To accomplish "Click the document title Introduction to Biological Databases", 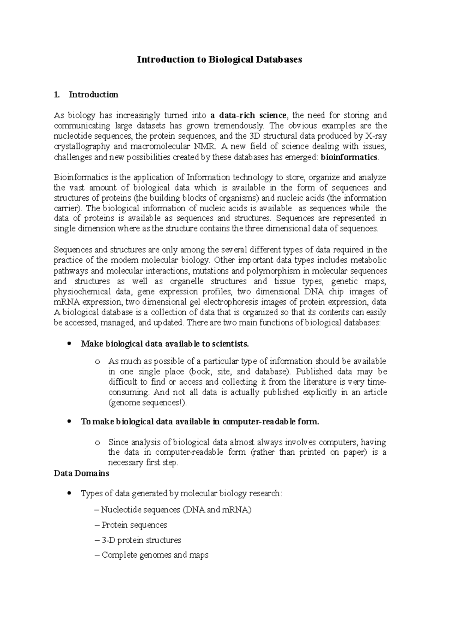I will pos(219,60).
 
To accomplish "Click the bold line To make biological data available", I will pos(200,422).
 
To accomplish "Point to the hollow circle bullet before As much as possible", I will pos(98,362).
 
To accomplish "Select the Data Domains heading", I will pos(81,473).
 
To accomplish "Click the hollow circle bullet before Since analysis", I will pos(98,443).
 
